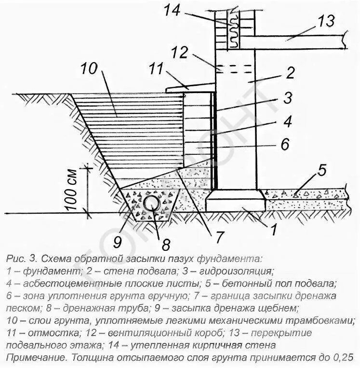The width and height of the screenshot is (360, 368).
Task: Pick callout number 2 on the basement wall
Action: (x=290, y=73)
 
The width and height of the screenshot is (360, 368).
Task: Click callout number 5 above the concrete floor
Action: (x=322, y=170)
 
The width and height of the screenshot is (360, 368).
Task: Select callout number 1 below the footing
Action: (x=273, y=231)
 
